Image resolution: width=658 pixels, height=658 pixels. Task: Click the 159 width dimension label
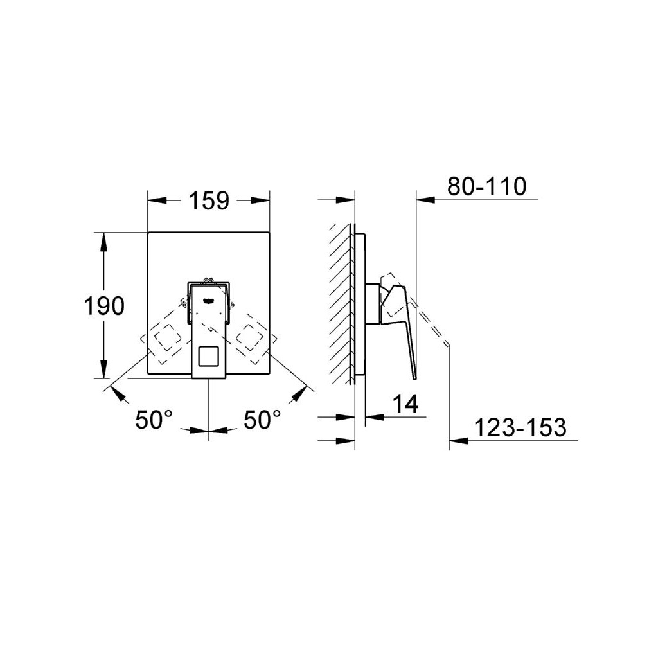pyautogui.click(x=209, y=200)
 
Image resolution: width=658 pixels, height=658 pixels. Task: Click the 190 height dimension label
pyautogui.click(x=105, y=305)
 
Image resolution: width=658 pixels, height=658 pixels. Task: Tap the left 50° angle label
pyautogui.click(x=154, y=419)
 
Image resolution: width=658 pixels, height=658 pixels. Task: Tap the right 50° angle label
pyautogui.click(x=262, y=419)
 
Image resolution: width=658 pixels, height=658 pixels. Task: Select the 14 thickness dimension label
pyautogui.click(x=405, y=404)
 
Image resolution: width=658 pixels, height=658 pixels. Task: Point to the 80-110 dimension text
pyautogui.click(x=486, y=186)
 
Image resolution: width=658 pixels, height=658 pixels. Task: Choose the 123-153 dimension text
pyautogui.click(x=520, y=427)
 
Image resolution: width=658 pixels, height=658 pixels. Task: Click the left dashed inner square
pyautogui.click(x=168, y=337)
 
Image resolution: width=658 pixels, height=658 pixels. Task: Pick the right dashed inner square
pyautogui.click(x=250, y=337)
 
